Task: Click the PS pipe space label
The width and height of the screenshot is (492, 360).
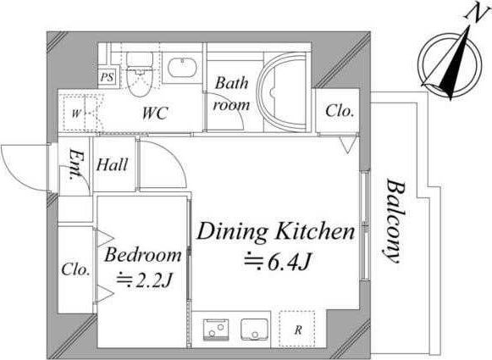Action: click(107, 77)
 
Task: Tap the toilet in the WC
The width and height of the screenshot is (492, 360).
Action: click(140, 74)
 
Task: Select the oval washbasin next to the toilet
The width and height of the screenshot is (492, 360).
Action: click(182, 67)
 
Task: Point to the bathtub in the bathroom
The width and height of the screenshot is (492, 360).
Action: click(282, 93)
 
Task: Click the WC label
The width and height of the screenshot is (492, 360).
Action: click(155, 113)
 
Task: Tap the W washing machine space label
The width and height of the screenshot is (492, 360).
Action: click(75, 113)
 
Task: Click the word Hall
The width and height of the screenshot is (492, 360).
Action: click(112, 165)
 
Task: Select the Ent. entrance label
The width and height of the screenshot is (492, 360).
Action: click(76, 165)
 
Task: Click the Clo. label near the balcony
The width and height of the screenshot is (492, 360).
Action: click(340, 111)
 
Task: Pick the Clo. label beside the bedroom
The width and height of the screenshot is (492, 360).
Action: click(75, 269)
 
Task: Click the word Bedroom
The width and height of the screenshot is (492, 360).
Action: click(143, 255)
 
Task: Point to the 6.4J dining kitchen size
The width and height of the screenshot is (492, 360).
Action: click(289, 262)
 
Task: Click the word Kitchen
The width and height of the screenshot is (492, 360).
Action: click(315, 231)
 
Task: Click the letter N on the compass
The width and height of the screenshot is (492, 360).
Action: click(476, 14)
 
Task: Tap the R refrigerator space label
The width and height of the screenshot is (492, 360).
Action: click(298, 330)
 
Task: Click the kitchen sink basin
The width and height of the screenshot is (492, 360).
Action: click(255, 330)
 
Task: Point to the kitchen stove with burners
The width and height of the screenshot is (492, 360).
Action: click(216, 330)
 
